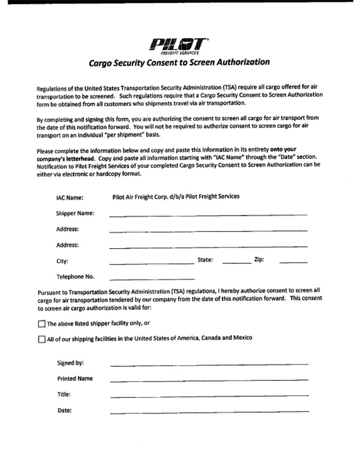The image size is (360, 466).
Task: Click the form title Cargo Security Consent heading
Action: pos(179,62)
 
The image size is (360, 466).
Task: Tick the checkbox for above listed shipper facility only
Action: pos(41,323)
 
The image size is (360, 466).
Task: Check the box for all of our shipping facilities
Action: pos(41,339)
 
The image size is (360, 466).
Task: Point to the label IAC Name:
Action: pos(70,197)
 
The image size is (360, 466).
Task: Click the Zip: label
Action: pos(259,260)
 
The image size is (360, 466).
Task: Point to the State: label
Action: pos(205,260)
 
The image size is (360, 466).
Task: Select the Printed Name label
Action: pos(75,378)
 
